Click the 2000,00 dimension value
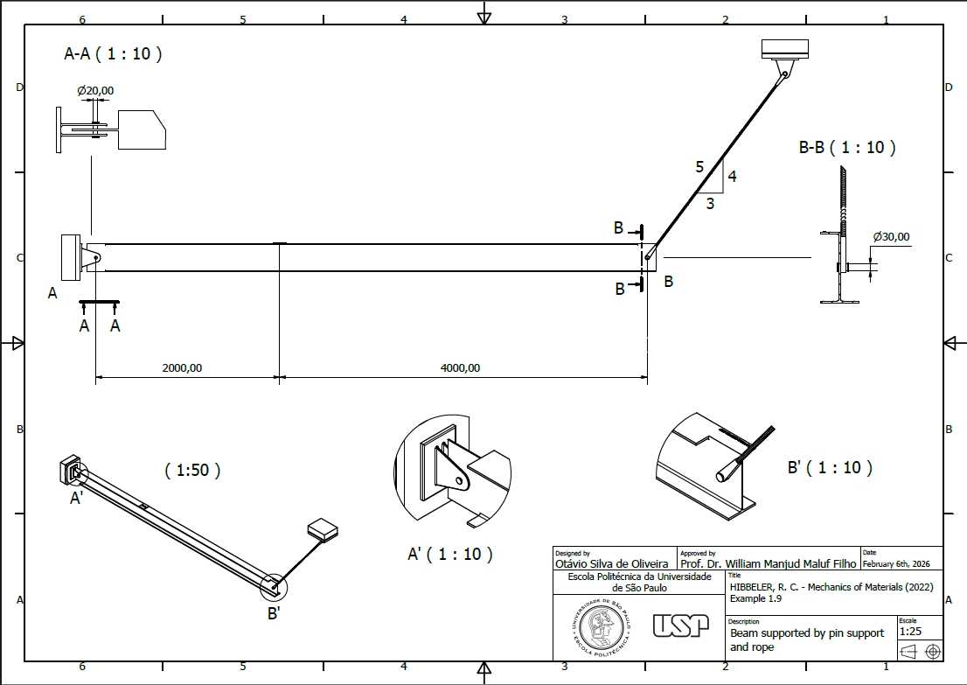click(x=182, y=367)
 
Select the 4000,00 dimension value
click(x=460, y=367)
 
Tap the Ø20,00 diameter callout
click(x=95, y=91)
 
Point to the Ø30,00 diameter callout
click(x=891, y=236)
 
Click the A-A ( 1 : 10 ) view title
click(x=113, y=53)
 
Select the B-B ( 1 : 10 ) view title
click(x=847, y=148)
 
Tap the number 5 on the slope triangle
click(x=699, y=166)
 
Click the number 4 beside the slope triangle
click(x=732, y=177)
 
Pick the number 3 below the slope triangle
click(x=710, y=203)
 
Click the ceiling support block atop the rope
click(x=784, y=49)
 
